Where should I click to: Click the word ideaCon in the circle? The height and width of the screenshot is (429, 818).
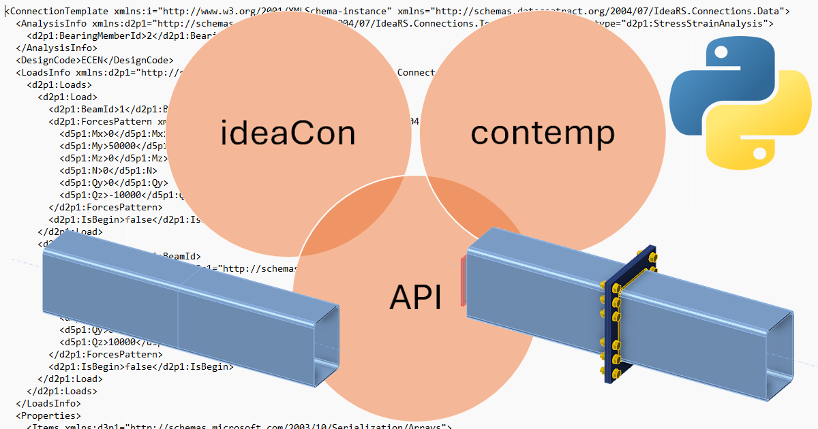[x=288, y=133]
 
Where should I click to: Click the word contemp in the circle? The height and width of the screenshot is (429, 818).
[x=543, y=133]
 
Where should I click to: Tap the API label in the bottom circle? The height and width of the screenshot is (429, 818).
[x=415, y=297]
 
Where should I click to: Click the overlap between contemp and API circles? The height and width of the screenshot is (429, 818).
[x=470, y=214]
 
